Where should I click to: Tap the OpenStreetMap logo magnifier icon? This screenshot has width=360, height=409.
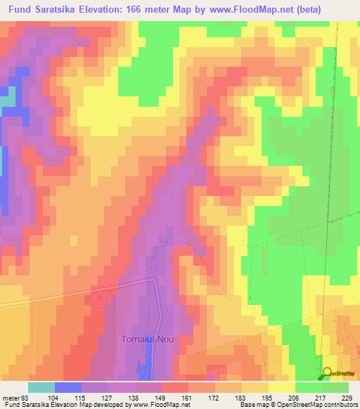(x=327, y=374)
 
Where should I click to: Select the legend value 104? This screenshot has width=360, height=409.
(x=53, y=397)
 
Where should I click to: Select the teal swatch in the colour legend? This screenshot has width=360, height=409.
(x=41, y=387)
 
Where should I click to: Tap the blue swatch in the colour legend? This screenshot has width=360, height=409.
(x=67, y=387)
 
